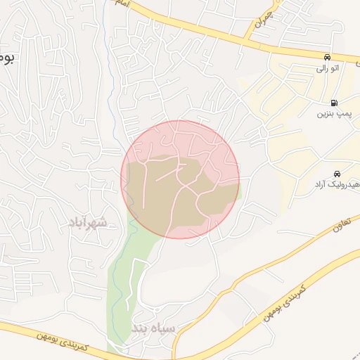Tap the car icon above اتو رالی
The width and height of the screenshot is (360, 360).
pos(328,56)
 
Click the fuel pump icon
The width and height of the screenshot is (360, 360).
pos(333,102)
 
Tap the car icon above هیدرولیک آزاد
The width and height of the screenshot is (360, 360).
pos(337,173)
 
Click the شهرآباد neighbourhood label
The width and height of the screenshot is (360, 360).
pos(88,223)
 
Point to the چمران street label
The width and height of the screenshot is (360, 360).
pos(262,19)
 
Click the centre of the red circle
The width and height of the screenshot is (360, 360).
pos(180,179)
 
